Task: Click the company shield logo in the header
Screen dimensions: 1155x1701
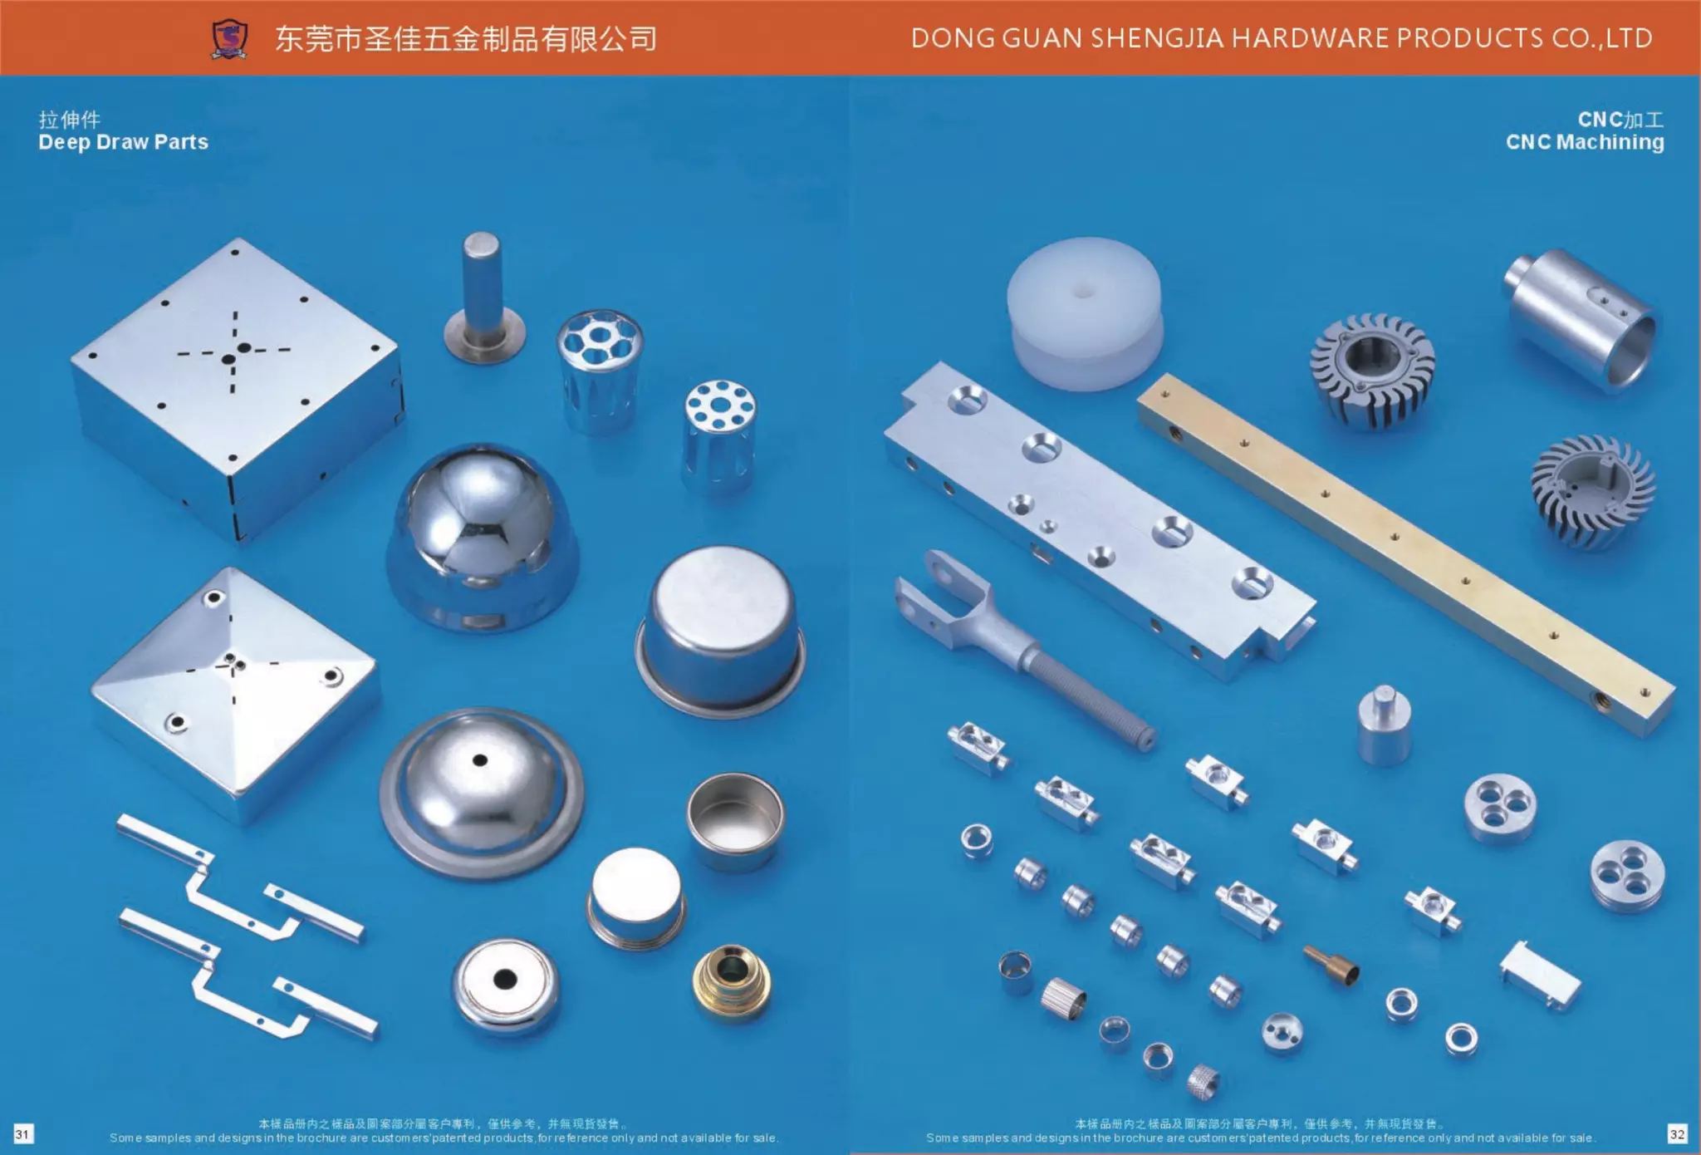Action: (x=229, y=39)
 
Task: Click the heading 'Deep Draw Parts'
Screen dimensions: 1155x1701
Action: (x=123, y=142)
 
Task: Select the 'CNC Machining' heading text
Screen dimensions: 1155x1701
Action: (x=1585, y=142)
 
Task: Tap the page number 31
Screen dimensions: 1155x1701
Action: (x=22, y=1133)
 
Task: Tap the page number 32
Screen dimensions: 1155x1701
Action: (x=1677, y=1133)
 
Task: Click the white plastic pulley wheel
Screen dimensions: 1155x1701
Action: (x=1084, y=314)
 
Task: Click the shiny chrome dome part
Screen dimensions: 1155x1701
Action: (x=482, y=536)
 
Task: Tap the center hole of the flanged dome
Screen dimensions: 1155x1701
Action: (x=479, y=759)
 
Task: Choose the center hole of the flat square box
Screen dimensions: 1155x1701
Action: (x=243, y=348)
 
